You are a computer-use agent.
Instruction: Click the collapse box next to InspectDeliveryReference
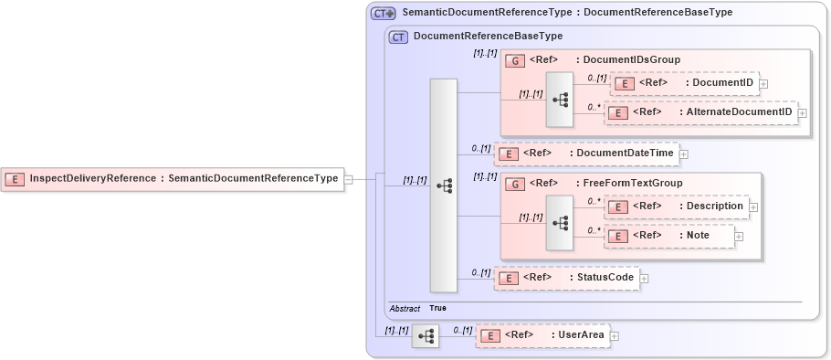coord(348,179)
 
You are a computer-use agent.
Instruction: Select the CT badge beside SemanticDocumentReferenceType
coord(383,13)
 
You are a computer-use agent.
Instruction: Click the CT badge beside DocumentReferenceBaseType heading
coord(398,37)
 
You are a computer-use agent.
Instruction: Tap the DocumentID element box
coord(683,83)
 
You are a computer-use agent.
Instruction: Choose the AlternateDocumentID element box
coord(700,112)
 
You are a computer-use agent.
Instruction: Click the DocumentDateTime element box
coord(586,154)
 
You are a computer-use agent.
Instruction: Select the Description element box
coord(677,206)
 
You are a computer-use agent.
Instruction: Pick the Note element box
coord(669,236)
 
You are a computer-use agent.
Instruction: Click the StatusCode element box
coord(566,278)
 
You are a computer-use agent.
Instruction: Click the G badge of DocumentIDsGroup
coord(515,60)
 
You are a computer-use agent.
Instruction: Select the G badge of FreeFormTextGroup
coord(515,184)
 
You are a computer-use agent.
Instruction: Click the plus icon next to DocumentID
coord(763,84)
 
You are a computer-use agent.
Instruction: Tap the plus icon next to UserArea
coord(614,336)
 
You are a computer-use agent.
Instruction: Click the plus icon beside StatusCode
coord(644,279)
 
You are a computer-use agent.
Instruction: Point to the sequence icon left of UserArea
coord(426,336)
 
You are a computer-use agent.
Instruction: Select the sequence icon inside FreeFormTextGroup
coord(560,222)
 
